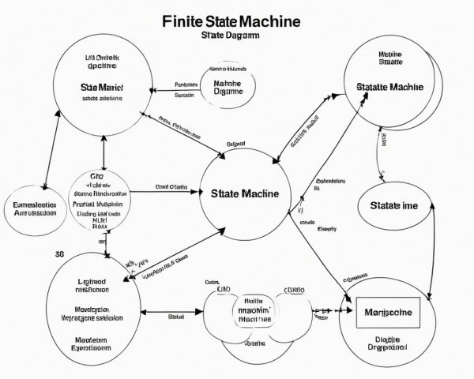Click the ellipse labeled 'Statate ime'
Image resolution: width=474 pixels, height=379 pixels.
point(394,205)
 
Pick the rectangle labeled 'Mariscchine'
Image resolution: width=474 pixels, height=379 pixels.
point(389,313)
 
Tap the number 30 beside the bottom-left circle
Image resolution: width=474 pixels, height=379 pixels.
point(59,254)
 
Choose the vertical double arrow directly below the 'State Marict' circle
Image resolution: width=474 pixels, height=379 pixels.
point(103,150)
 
